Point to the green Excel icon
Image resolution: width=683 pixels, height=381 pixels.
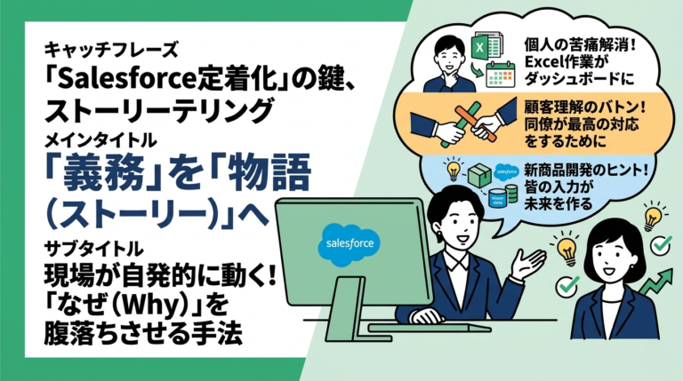point(481,44)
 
